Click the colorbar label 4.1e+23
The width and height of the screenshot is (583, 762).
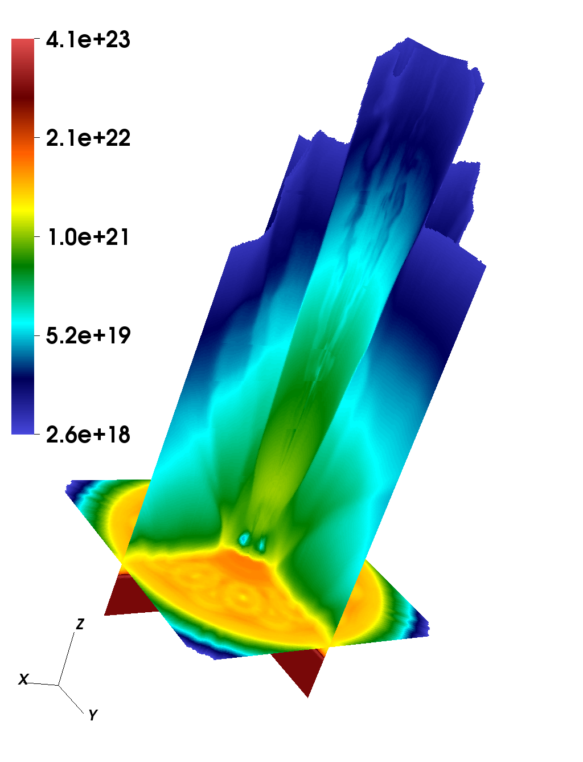88,39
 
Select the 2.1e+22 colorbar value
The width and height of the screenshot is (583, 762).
88,138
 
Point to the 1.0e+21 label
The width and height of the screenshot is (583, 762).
88,237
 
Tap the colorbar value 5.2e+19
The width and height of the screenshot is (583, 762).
88,335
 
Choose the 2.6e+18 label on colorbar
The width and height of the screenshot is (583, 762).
88,435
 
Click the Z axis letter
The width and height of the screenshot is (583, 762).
80,624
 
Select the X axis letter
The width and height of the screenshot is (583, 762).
23,679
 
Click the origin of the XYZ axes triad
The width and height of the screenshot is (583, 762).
58,685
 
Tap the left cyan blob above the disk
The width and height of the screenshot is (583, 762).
244,538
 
